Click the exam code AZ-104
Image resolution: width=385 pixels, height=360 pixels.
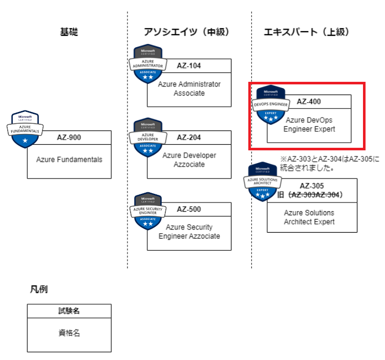point(189,65)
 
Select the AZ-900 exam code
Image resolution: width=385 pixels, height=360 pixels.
point(69,137)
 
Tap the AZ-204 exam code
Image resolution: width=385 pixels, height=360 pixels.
point(189,137)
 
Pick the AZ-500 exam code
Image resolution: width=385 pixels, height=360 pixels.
point(189,209)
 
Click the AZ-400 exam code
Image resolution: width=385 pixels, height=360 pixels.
point(309,101)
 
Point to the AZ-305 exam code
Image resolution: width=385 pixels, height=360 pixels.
point(311,186)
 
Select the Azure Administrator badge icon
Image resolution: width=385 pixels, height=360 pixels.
point(148,64)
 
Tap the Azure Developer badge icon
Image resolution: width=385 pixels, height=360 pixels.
point(148,137)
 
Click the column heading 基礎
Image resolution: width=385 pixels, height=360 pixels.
point(69,32)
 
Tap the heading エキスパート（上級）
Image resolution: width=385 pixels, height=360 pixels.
point(307,32)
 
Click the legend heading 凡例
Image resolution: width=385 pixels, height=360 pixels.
point(38,289)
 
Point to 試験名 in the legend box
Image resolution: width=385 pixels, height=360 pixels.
point(69,310)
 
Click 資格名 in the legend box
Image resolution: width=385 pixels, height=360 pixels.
point(69,333)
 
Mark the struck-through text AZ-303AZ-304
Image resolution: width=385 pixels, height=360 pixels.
point(314,195)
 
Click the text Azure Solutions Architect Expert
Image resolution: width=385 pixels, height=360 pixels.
point(309,217)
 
